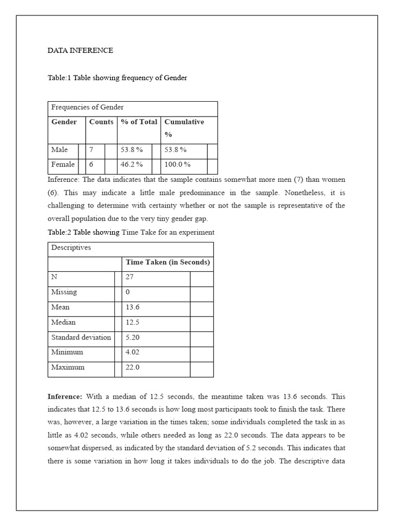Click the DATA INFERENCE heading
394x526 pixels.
point(81,50)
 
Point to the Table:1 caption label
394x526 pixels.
point(61,78)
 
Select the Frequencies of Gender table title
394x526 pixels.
point(87,107)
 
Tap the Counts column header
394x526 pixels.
point(101,122)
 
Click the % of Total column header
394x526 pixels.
point(139,122)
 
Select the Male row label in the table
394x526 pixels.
point(60,150)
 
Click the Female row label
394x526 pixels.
point(63,165)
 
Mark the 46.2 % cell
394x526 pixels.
point(132,165)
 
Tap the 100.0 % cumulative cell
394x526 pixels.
point(178,165)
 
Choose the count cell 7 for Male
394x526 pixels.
point(91,150)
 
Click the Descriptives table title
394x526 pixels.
point(71,248)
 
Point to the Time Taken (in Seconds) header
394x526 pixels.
point(168,262)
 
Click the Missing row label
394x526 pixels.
point(64,292)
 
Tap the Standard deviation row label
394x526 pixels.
point(81,337)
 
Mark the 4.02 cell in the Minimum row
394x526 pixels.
point(133,352)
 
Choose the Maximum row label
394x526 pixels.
point(68,368)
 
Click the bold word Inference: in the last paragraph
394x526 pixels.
point(65,397)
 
